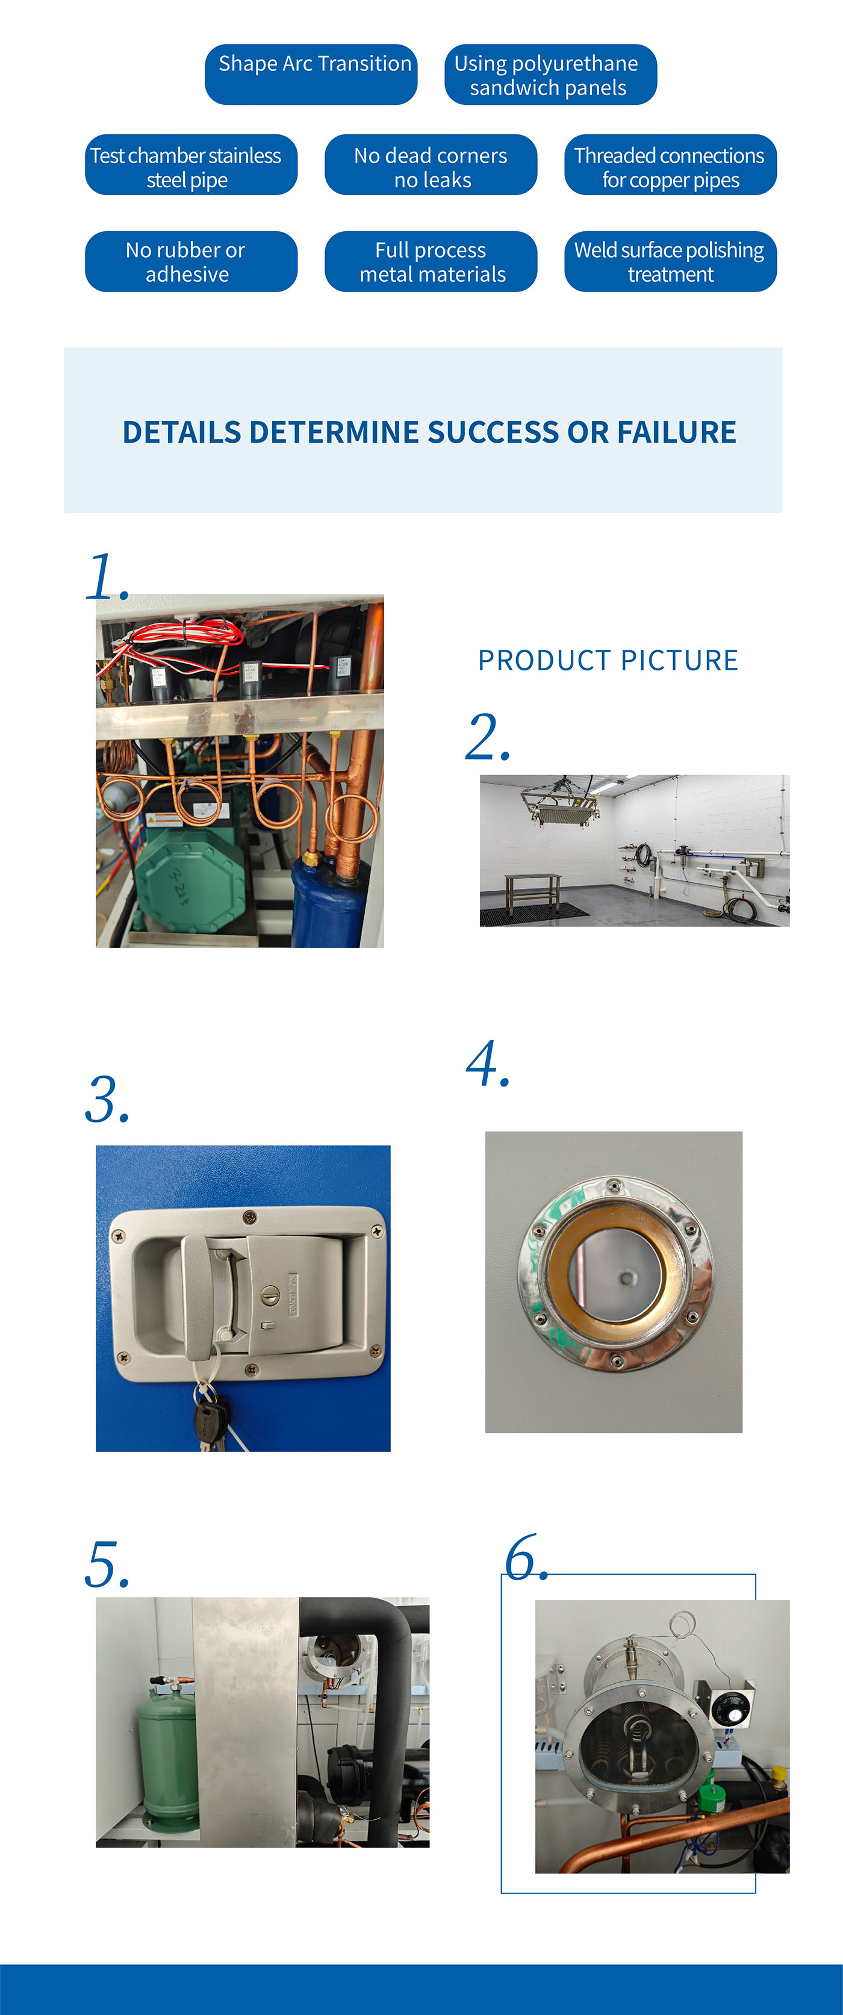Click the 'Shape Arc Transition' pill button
(x=311, y=74)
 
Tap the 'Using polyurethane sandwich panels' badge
(x=550, y=74)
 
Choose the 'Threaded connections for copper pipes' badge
(x=670, y=165)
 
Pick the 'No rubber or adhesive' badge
(x=191, y=261)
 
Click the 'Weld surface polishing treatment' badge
(x=670, y=261)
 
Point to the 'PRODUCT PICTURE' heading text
(x=608, y=660)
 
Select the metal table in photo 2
(x=532, y=892)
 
